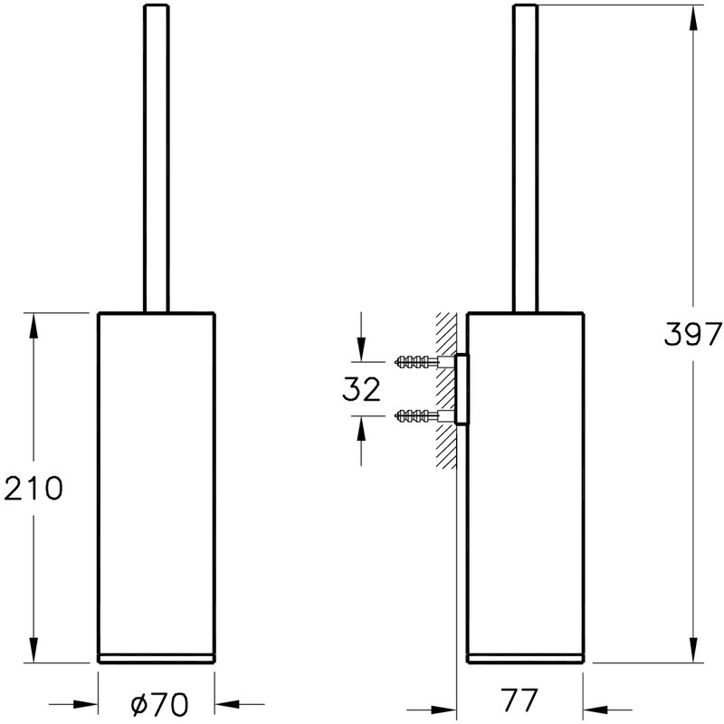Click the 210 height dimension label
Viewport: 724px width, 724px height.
tap(33, 489)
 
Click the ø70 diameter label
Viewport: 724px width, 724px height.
tap(159, 704)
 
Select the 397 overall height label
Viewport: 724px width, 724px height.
tap(692, 334)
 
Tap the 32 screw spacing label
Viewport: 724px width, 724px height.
tap(361, 389)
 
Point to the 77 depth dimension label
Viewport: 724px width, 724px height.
tap(519, 700)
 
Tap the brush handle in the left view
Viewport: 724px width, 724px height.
tap(157, 159)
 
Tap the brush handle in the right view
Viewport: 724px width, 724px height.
tap(526, 159)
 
